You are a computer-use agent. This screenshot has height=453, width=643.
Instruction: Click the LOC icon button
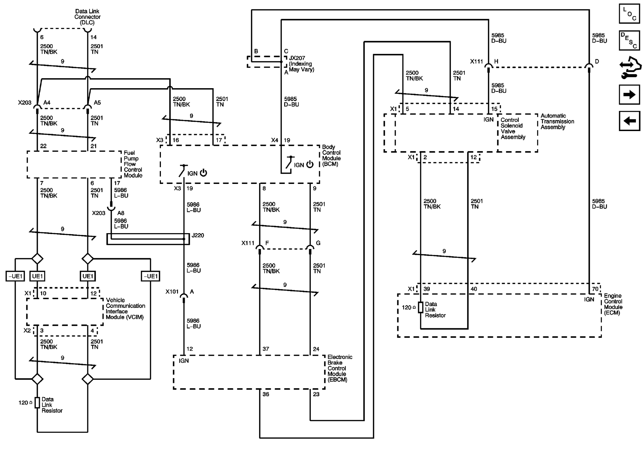point(629,14)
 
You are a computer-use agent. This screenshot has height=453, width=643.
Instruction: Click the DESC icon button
point(629,40)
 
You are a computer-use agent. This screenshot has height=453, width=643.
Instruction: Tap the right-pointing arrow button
point(629,95)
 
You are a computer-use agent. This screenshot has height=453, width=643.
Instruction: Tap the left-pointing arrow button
point(629,121)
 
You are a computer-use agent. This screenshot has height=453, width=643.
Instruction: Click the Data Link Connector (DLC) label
point(87,17)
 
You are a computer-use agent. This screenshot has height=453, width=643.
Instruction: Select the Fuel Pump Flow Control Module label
point(133,164)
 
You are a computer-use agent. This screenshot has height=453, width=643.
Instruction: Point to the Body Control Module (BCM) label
point(331,156)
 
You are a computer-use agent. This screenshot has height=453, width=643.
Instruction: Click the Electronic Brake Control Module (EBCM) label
point(340,368)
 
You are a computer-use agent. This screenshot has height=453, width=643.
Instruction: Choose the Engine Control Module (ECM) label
point(613,304)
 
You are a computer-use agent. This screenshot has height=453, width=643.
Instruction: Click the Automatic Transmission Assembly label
point(557,121)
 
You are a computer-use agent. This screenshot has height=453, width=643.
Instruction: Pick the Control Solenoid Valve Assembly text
point(513,128)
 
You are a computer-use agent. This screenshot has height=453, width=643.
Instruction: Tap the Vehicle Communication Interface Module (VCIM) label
point(125,309)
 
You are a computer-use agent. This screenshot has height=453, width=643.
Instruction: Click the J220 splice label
point(198,235)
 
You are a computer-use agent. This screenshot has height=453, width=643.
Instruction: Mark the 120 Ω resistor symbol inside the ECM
point(420,307)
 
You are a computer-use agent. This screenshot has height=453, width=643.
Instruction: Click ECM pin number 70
point(595,289)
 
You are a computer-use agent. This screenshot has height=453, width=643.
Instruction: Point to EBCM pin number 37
point(266,349)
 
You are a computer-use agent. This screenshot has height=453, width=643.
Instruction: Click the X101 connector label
point(172,292)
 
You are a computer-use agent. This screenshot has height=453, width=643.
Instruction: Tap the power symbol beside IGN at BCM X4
point(310,164)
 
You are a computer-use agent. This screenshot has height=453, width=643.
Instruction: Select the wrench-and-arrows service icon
point(630,68)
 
